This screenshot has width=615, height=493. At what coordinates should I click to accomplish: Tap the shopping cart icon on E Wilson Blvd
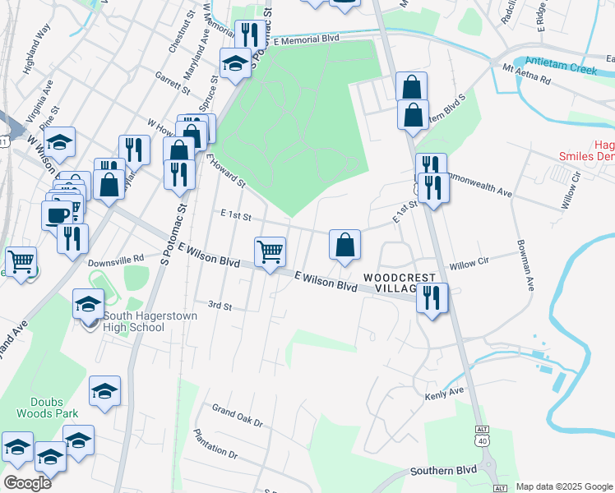pyautogui.click(x=270, y=252)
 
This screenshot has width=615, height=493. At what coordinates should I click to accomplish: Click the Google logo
pyautogui.click(x=28, y=482)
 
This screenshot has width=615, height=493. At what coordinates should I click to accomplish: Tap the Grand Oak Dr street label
pyautogui.click(x=236, y=415)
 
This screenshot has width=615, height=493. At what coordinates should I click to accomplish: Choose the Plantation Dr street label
pyautogui.click(x=215, y=444)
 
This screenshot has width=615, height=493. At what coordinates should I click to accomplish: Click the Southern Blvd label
pyautogui.click(x=443, y=471)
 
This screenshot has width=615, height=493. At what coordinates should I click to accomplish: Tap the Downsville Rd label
pyautogui.click(x=116, y=257)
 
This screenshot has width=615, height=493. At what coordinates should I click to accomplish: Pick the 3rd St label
pyautogui.click(x=220, y=306)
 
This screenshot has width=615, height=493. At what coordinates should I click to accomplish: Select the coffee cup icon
pyautogui.click(x=57, y=215)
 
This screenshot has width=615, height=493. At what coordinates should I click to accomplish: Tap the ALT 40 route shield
pyautogui.click(x=483, y=435)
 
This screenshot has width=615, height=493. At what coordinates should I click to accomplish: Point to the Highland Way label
pyautogui.click(x=39, y=61)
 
